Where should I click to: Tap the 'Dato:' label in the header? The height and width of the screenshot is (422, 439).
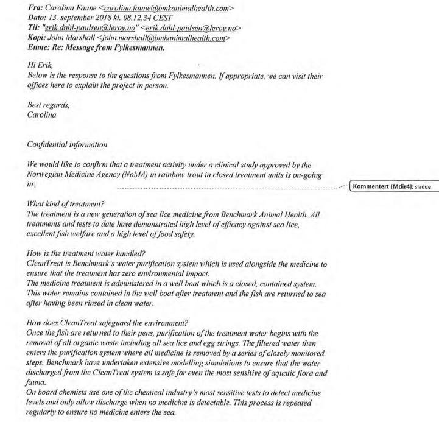[38, 18]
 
